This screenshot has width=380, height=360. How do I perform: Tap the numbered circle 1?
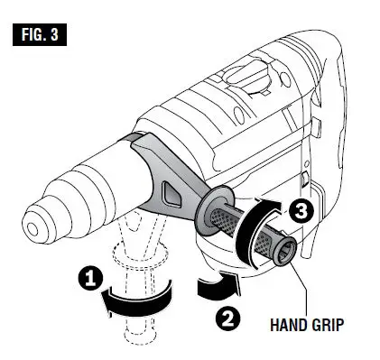pos(89,279)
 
